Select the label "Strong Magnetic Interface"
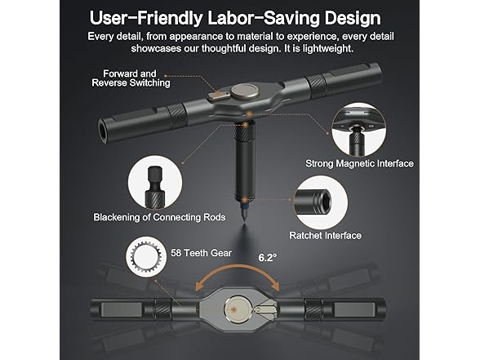click(359, 163)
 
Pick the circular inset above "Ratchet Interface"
click(322, 200)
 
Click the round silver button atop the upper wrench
click(242, 90)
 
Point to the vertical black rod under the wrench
click(242, 163)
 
